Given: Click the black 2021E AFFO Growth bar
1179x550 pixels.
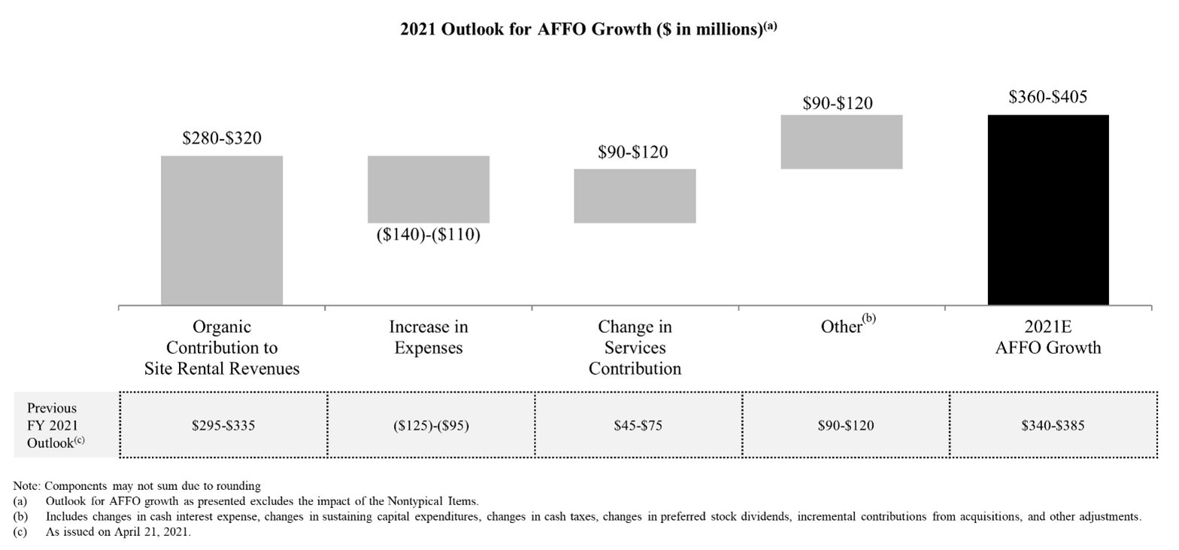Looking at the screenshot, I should coord(1047,210).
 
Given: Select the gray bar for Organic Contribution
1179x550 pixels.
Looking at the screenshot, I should coord(222,230).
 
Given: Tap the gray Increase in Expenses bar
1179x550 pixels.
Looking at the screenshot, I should coord(429,189).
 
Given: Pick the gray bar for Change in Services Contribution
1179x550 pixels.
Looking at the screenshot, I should coord(635,195).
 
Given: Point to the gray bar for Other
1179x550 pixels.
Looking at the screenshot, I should coord(841,141).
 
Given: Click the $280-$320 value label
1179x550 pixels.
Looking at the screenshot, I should coord(222,138).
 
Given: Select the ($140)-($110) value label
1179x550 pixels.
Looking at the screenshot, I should coord(429,234).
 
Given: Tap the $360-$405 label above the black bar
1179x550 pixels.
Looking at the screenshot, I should coord(1047,97).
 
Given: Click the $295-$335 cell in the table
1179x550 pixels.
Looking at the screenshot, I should coord(223,425).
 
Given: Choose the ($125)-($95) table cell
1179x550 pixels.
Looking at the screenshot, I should coord(431,425).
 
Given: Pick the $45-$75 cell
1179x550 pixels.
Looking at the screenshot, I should coord(638,425).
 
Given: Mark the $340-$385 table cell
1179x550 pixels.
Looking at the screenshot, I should coord(1053,425).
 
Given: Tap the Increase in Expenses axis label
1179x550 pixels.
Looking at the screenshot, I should coord(429,337).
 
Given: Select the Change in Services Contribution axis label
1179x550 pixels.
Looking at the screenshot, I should coord(635,347).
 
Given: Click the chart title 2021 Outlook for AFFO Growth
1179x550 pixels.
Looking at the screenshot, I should coord(588,29).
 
